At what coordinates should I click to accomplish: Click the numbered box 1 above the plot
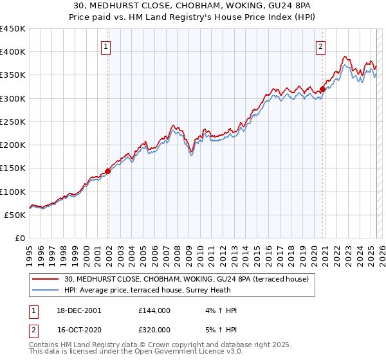click(x=105, y=46)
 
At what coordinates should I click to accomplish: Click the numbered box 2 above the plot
click(x=320, y=46)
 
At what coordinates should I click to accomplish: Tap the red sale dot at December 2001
click(x=108, y=171)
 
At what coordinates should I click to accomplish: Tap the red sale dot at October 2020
click(x=323, y=89)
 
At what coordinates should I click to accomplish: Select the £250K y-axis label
click(x=13, y=122)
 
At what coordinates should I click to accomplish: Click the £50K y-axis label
click(x=15, y=215)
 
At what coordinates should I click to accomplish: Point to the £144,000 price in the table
click(x=154, y=310)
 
